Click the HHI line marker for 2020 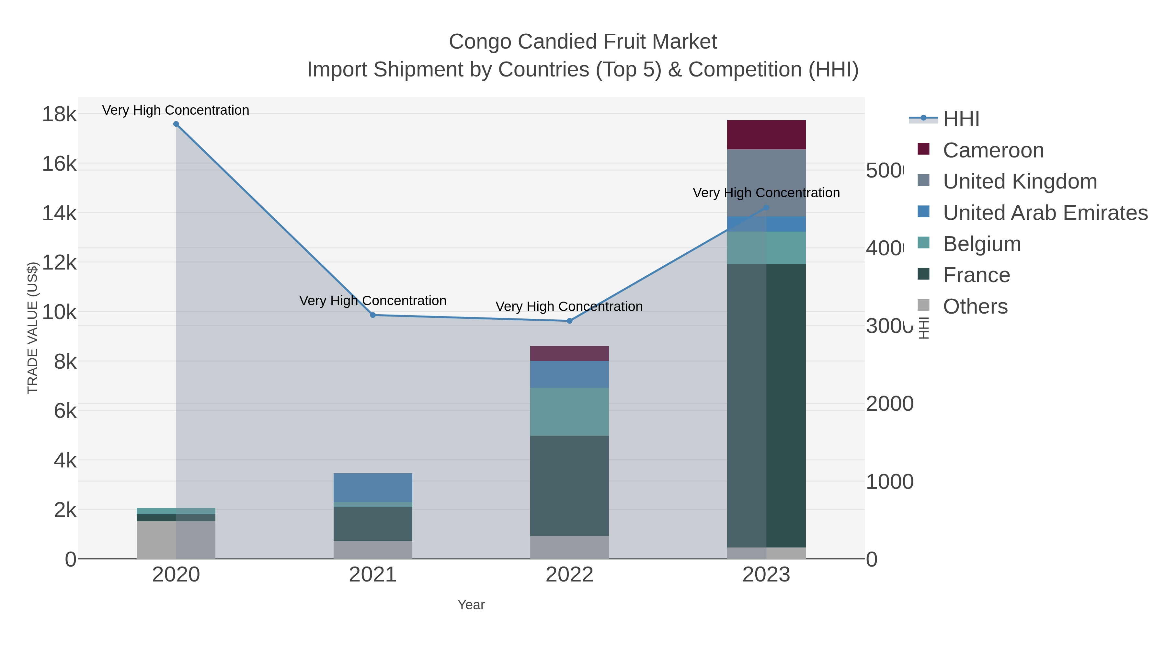click(176, 124)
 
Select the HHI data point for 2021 click(373, 315)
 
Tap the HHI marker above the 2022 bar click(569, 321)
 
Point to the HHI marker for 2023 click(766, 208)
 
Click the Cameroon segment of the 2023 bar click(766, 135)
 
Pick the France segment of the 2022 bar click(569, 486)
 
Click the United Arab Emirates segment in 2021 click(373, 488)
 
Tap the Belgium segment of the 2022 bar click(569, 411)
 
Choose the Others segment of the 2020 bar click(176, 540)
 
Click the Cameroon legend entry click(993, 150)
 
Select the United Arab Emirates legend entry click(1045, 213)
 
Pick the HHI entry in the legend click(961, 119)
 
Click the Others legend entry click(975, 306)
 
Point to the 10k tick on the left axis click(59, 312)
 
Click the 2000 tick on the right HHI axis click(889, 404)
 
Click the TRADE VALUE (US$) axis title click(33, 328)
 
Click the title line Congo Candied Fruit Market click(583, 42)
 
